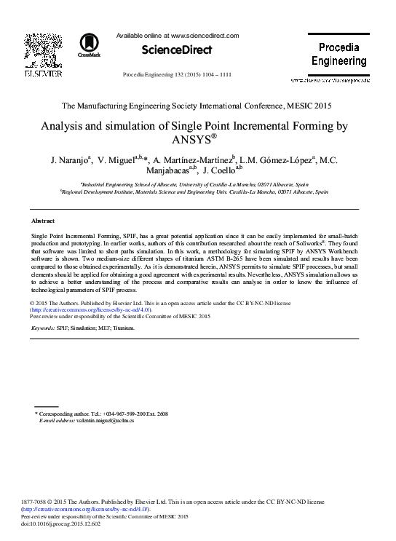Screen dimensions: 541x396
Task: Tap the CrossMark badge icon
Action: point(90,45)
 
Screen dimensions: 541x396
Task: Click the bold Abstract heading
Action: point(44,220)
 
